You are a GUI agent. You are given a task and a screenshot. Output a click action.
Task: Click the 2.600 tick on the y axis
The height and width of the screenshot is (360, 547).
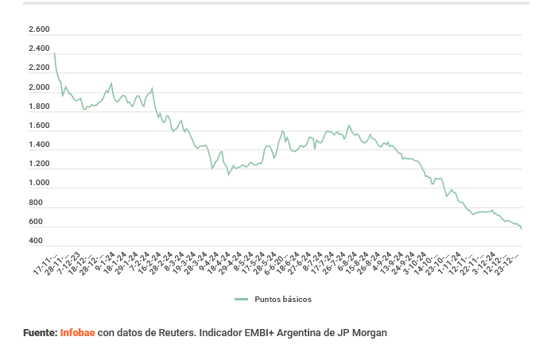click(x=39, y=30)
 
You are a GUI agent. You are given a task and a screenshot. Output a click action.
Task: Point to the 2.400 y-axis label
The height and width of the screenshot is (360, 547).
click(x=39, y=49)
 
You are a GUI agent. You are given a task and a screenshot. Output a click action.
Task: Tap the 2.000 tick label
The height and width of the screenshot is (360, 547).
click(x=39, y=87)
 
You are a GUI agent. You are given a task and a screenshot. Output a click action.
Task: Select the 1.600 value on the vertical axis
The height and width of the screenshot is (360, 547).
click(x=39, y=126)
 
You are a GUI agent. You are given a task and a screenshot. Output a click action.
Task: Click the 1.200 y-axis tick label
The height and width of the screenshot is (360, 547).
click(x=39, y=164)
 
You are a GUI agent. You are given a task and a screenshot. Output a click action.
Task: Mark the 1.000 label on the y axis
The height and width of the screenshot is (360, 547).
click(x=39, y=184)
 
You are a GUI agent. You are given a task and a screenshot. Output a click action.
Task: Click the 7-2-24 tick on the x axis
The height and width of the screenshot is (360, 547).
click(x=141, y=261)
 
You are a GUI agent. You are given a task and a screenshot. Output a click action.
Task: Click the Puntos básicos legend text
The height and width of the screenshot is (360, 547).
click(x=283, y=300)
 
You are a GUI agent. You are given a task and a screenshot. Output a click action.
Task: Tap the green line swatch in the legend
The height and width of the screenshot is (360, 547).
click(x=242, y=300)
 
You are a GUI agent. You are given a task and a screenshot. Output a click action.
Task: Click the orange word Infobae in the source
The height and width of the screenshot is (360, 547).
click(x=77, y=333)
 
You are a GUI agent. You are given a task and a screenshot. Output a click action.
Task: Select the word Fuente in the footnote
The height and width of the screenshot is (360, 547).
click(x=41, y=333)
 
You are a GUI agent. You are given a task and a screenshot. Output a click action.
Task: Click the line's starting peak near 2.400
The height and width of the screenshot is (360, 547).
click(x=54, y=52)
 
